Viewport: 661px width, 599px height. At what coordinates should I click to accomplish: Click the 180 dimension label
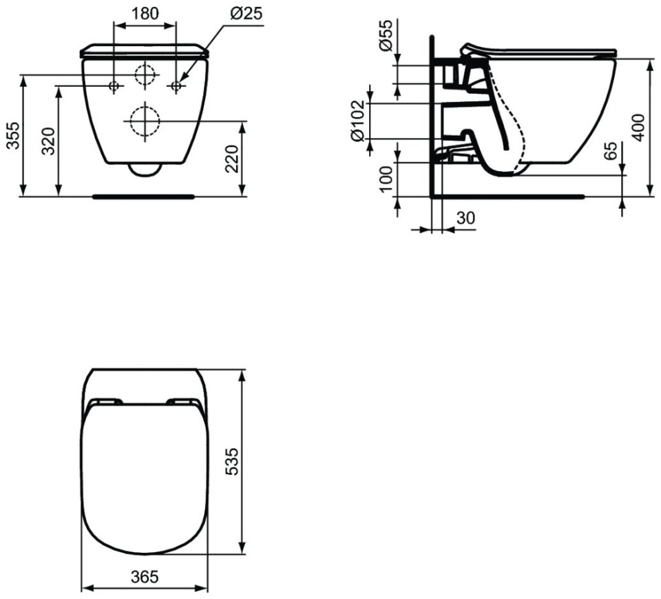[x=145, y=13]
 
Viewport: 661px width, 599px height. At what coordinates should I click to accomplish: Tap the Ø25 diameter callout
[x=246, y=13]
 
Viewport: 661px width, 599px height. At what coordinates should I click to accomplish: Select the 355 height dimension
[x=14, y=136]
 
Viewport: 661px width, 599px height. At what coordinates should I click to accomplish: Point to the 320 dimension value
[x=50, y=141]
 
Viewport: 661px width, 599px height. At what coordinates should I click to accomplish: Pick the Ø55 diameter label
[x=386, y=35]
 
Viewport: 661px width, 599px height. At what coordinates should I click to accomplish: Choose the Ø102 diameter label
[x=357, y=121]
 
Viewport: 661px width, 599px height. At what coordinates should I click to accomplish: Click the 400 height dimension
[x=639, y=128]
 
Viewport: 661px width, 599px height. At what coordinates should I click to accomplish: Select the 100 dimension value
[x=386, y=179]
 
